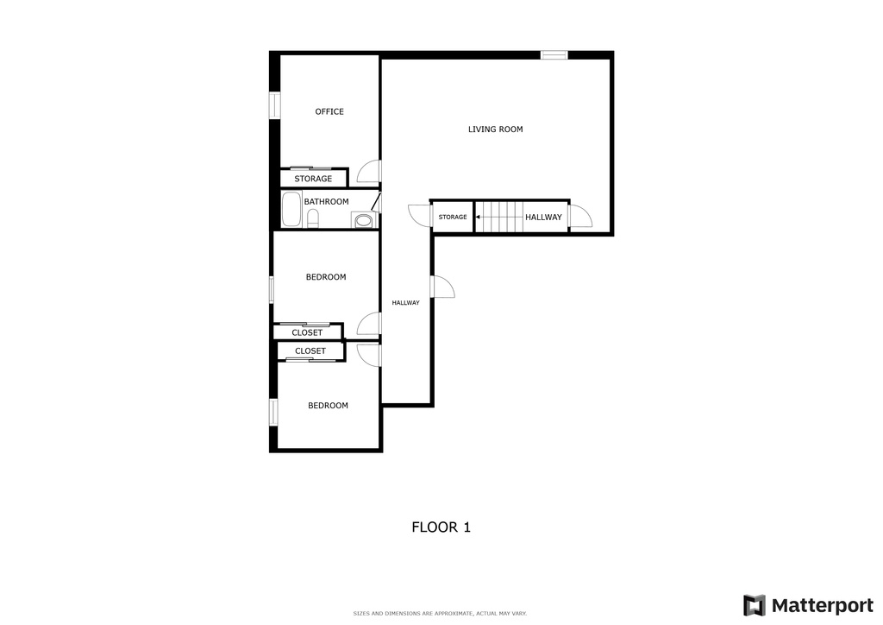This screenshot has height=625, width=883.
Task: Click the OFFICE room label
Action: point(329,111)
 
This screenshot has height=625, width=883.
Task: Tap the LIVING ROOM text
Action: point(495,129)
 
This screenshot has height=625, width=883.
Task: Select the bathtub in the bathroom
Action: point(291,210)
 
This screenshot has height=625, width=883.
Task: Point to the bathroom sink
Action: point(364,221)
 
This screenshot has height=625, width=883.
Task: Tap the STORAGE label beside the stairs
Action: point(453,218)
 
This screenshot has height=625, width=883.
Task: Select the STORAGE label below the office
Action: point(313,179)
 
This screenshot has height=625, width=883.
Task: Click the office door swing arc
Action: point(368,172)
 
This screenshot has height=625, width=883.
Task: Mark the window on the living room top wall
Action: point(554,55)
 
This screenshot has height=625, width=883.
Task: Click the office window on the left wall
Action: point(274,104)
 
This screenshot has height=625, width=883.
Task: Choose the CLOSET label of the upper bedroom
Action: point(307,332)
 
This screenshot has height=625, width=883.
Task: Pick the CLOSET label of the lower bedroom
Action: point(310,350)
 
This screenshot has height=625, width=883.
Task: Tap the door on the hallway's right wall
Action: point(442,287)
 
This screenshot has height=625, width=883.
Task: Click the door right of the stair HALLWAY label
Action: point(579,216)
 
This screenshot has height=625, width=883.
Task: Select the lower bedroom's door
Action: point(369,354)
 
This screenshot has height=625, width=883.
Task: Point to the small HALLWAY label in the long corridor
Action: point(405,303)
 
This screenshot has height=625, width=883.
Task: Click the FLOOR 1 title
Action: point(441,527)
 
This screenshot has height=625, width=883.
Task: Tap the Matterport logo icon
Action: point(754,605)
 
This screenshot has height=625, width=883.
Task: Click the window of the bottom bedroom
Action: point(273,412)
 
